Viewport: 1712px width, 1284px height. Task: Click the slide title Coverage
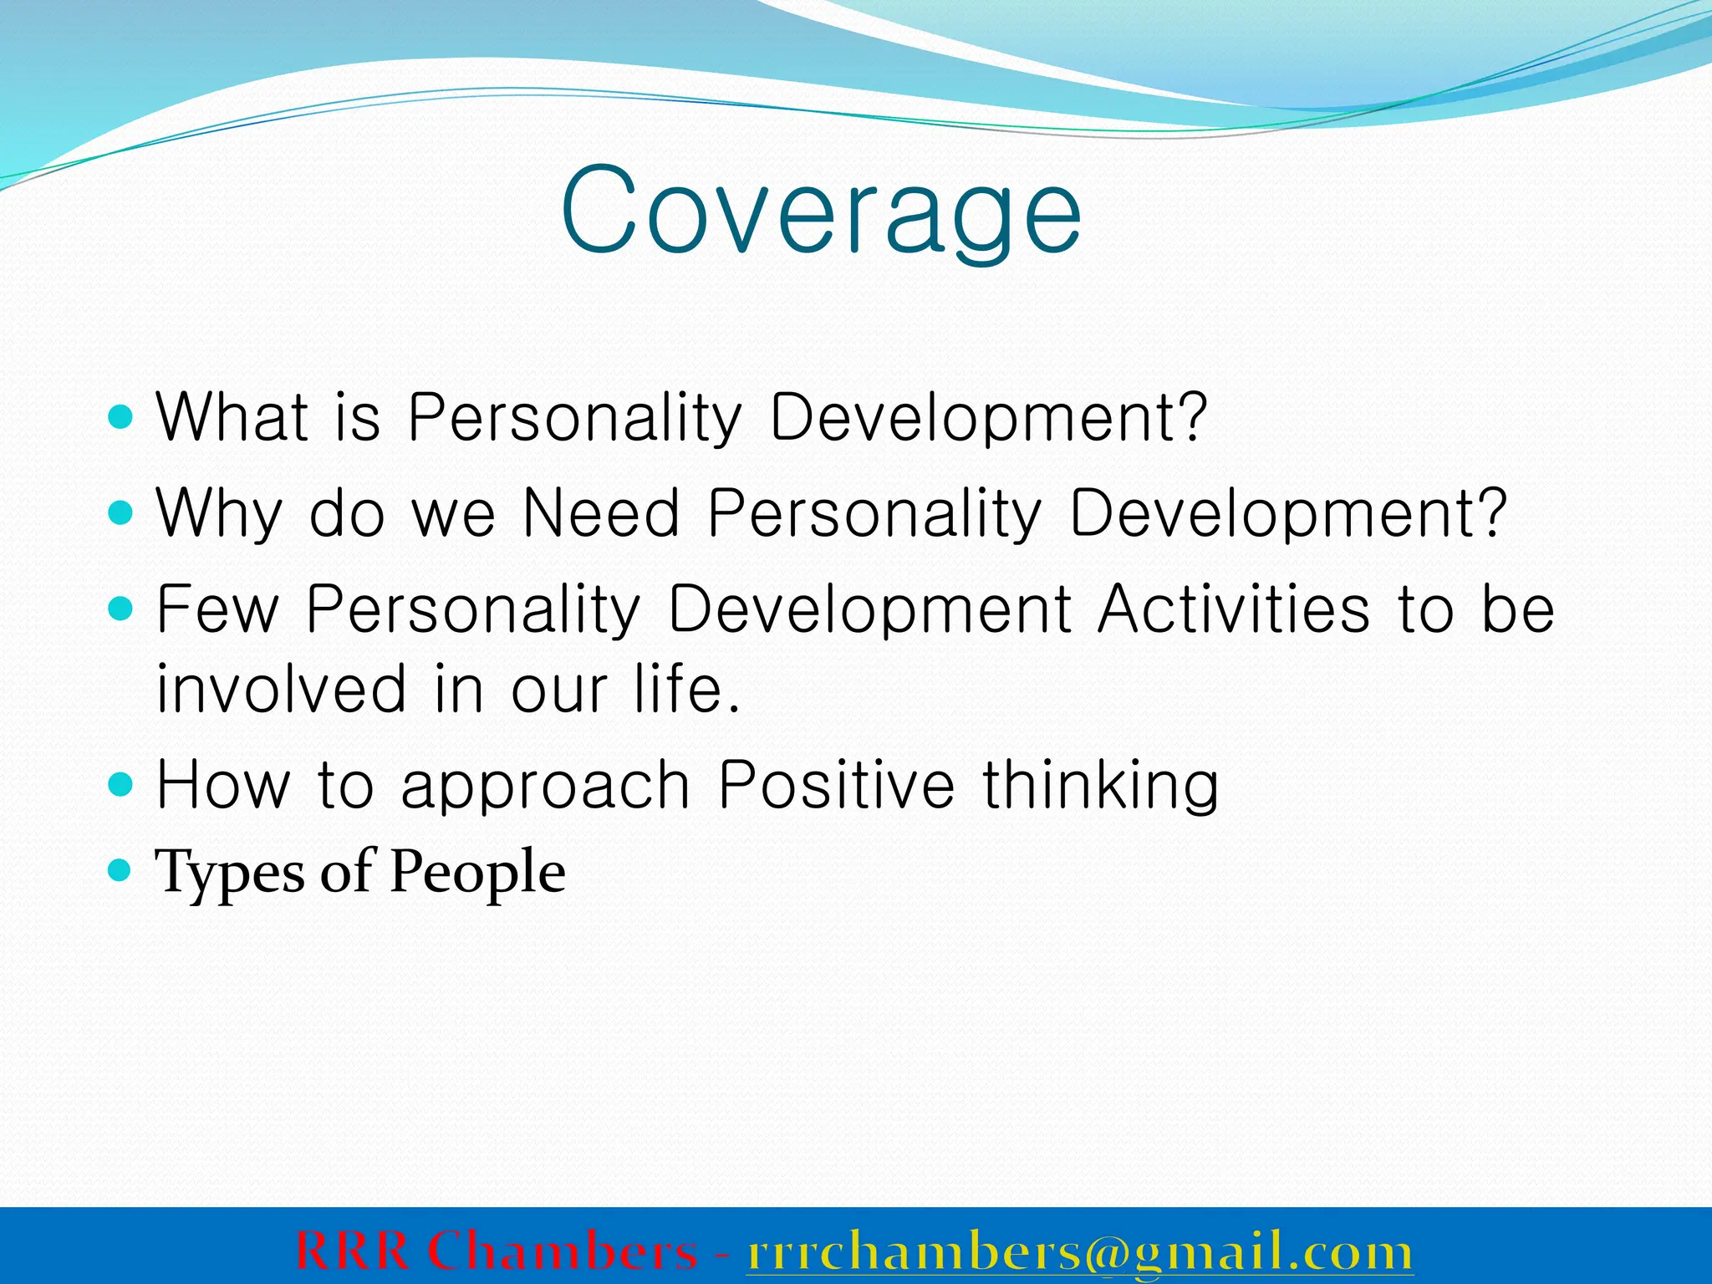(821, 213)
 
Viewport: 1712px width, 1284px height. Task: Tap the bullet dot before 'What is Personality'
(121, 416)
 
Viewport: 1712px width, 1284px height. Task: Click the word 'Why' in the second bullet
(219, 513)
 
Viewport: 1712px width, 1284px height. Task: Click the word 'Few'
(217, 609)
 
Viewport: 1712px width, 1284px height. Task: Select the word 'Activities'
(1234, 609)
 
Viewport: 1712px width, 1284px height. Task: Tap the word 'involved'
(281, 689)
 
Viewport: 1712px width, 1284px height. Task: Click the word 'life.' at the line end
(687, 689)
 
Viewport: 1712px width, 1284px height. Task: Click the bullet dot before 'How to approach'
(121, 784)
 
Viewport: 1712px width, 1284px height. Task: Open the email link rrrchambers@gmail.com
(1079, 1252)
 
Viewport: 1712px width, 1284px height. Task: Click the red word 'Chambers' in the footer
(562, 1251)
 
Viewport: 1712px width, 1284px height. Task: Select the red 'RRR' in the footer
(352, 1251)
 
